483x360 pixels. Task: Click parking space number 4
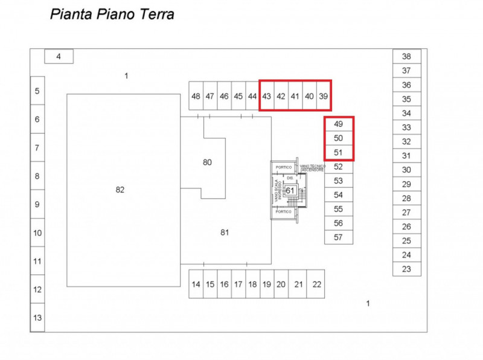pos(59,57)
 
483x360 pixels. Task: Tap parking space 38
pos(406,57)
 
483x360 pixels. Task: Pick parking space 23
pos(406,269)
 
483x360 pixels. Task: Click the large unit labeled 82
pos(120,190)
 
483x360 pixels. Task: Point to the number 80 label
pos(207,162)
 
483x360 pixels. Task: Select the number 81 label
pos(225,232)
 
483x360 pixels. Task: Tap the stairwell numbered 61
pos(290,191)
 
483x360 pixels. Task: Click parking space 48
pos(196,96)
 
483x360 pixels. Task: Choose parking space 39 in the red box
pos(324,96)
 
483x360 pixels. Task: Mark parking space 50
pos(338,138)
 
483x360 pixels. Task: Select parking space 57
pos(338,237)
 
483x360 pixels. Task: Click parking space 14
pos(196,284)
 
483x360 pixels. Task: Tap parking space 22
pos(317,284)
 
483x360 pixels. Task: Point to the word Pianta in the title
pos(71,14)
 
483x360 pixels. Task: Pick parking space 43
pos(266,96)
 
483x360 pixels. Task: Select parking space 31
pos(406,156)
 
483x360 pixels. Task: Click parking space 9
pos(37,205)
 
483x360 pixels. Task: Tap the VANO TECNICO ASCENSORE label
pos(313,167)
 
